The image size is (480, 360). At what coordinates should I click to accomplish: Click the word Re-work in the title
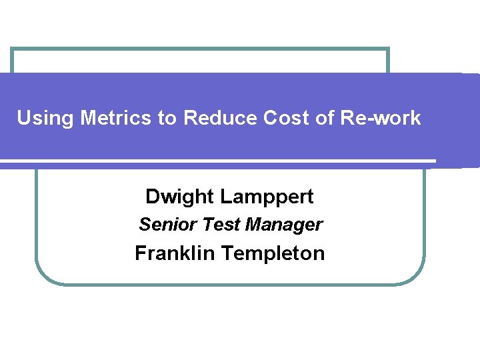pos(382,118)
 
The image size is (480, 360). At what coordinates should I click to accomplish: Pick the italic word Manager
pos(284,225)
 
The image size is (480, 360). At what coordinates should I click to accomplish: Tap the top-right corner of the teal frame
pos(387,49)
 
